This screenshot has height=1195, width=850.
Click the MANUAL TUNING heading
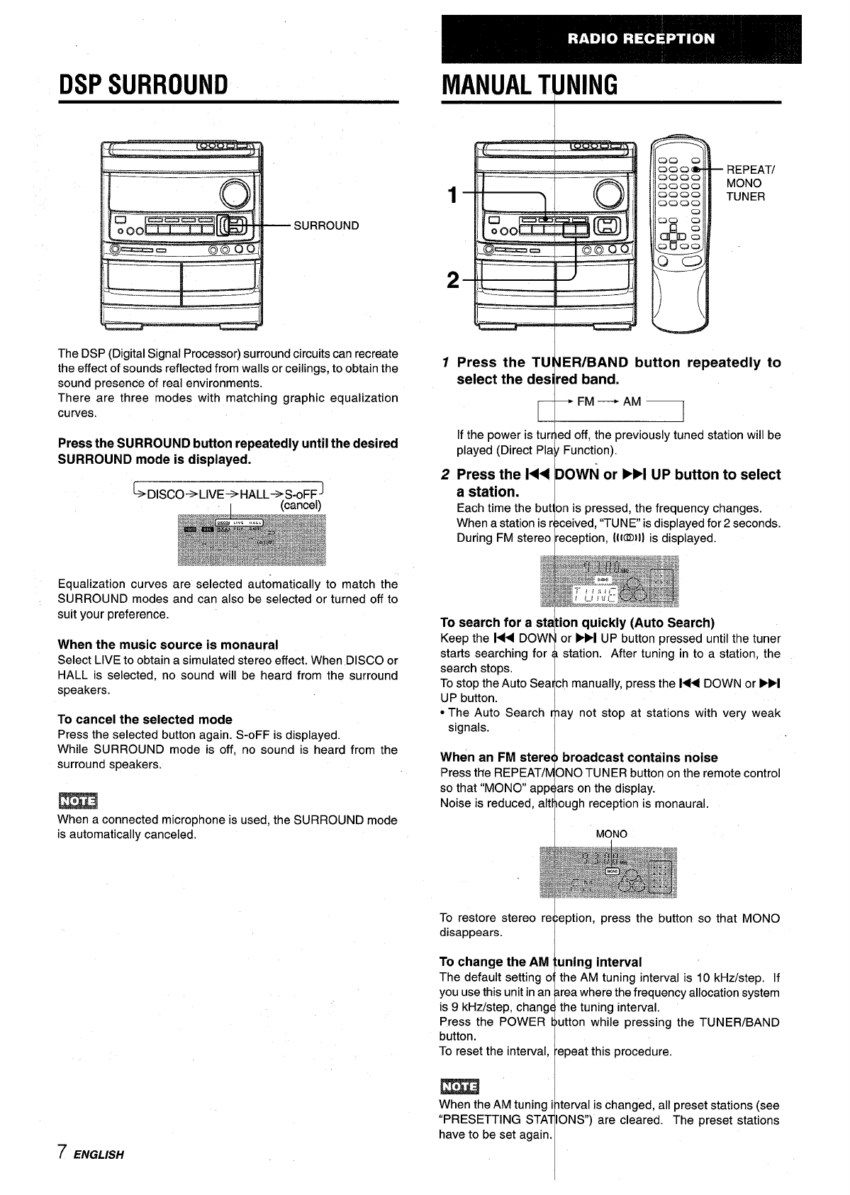(529, 85)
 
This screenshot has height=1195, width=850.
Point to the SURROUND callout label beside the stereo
(326, 226)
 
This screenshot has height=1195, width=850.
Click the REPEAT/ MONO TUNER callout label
(751, 183)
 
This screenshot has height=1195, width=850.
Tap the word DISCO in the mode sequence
(166, 494)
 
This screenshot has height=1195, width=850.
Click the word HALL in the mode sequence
(255, 494)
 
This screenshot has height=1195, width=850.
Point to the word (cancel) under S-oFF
(301, 506)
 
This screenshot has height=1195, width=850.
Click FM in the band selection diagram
(586, 402)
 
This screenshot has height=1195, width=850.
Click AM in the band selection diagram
(632, 402)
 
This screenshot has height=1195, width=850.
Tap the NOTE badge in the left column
(77, 801)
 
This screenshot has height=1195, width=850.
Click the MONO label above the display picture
(611, 834)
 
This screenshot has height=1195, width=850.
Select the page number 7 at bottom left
(63, 1152)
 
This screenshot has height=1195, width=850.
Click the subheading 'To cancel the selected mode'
(145, 719)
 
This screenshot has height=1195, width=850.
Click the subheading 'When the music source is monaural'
(168, 645)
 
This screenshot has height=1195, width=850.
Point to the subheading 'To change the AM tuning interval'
(540, 962)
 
